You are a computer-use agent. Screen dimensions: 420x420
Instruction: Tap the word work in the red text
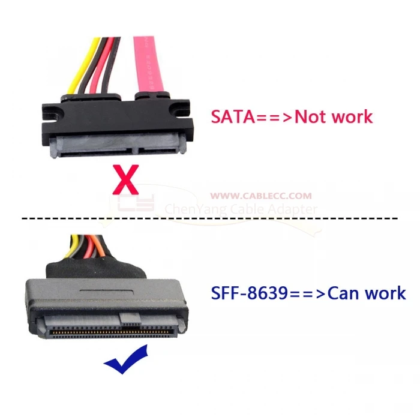[x=351, y=115]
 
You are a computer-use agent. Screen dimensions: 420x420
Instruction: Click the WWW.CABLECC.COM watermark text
[x=262, y=196]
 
